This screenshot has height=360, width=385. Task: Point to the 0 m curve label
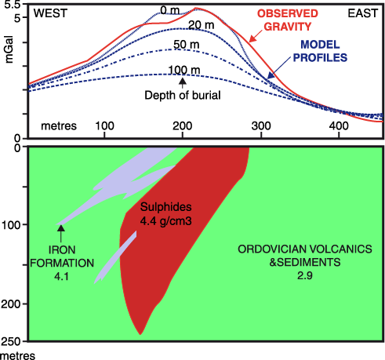[x=169, y=9]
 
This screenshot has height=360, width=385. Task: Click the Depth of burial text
[x=181, y=95]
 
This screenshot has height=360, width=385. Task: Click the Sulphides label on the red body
[x=165, y=207]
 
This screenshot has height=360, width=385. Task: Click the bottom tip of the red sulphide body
[x=140, y=333]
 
